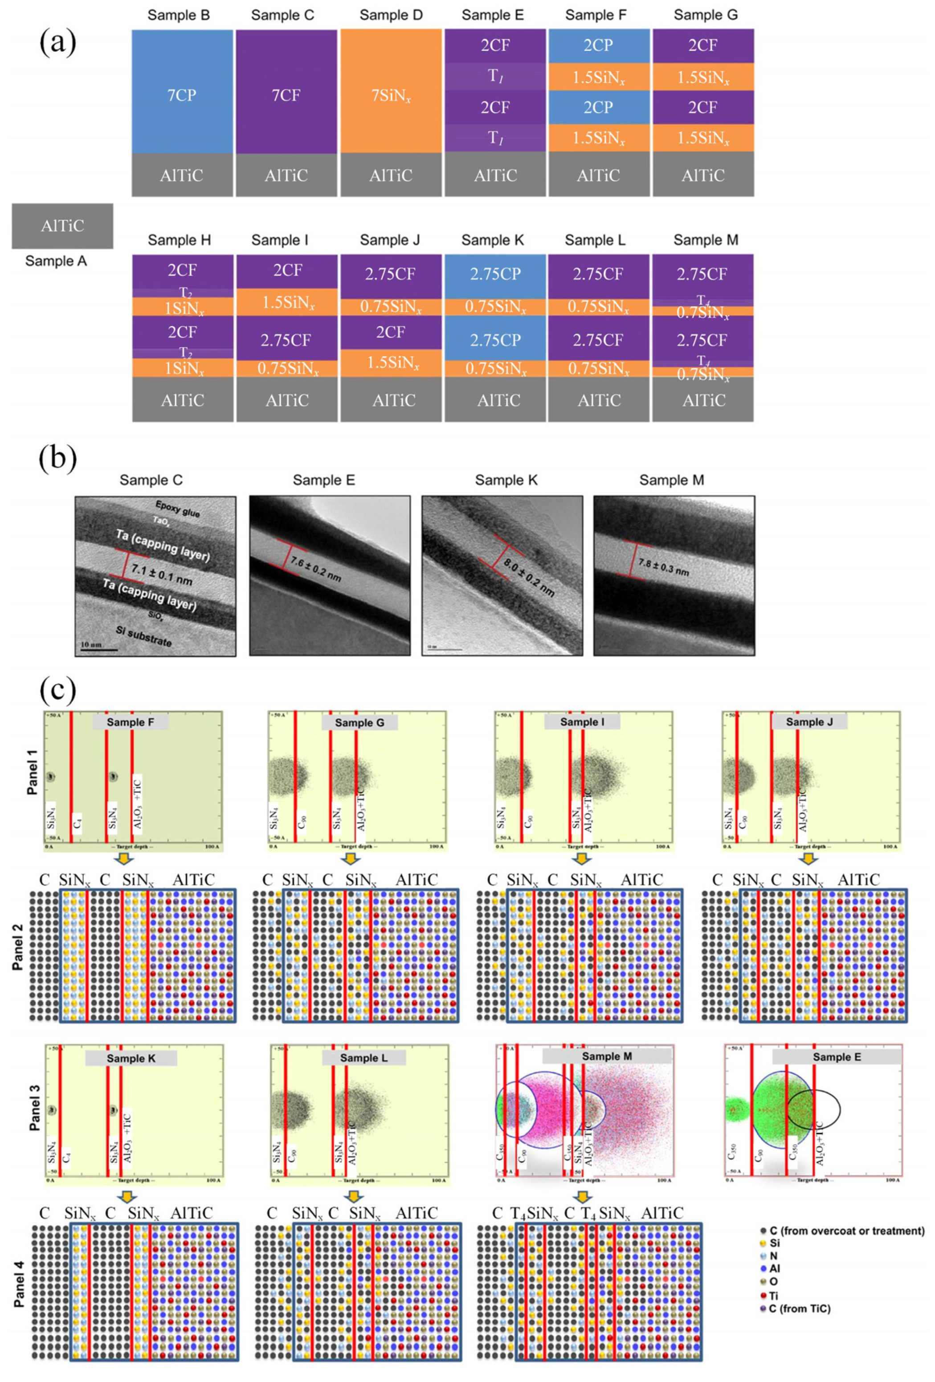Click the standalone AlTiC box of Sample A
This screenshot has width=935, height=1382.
[x=62, y=226]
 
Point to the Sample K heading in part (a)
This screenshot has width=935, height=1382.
[x=493, y=240]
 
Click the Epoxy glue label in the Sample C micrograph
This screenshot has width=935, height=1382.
[x=177, y=509]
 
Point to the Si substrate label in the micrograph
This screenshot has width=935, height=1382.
[x=144, y=636]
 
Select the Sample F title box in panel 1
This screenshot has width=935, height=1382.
[x=130, y=722]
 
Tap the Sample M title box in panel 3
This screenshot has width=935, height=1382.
[x=607, y=1056]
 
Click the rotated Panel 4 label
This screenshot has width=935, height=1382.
[x=19, y=1283]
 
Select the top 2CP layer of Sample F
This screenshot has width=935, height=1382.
[x=598, y=45]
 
